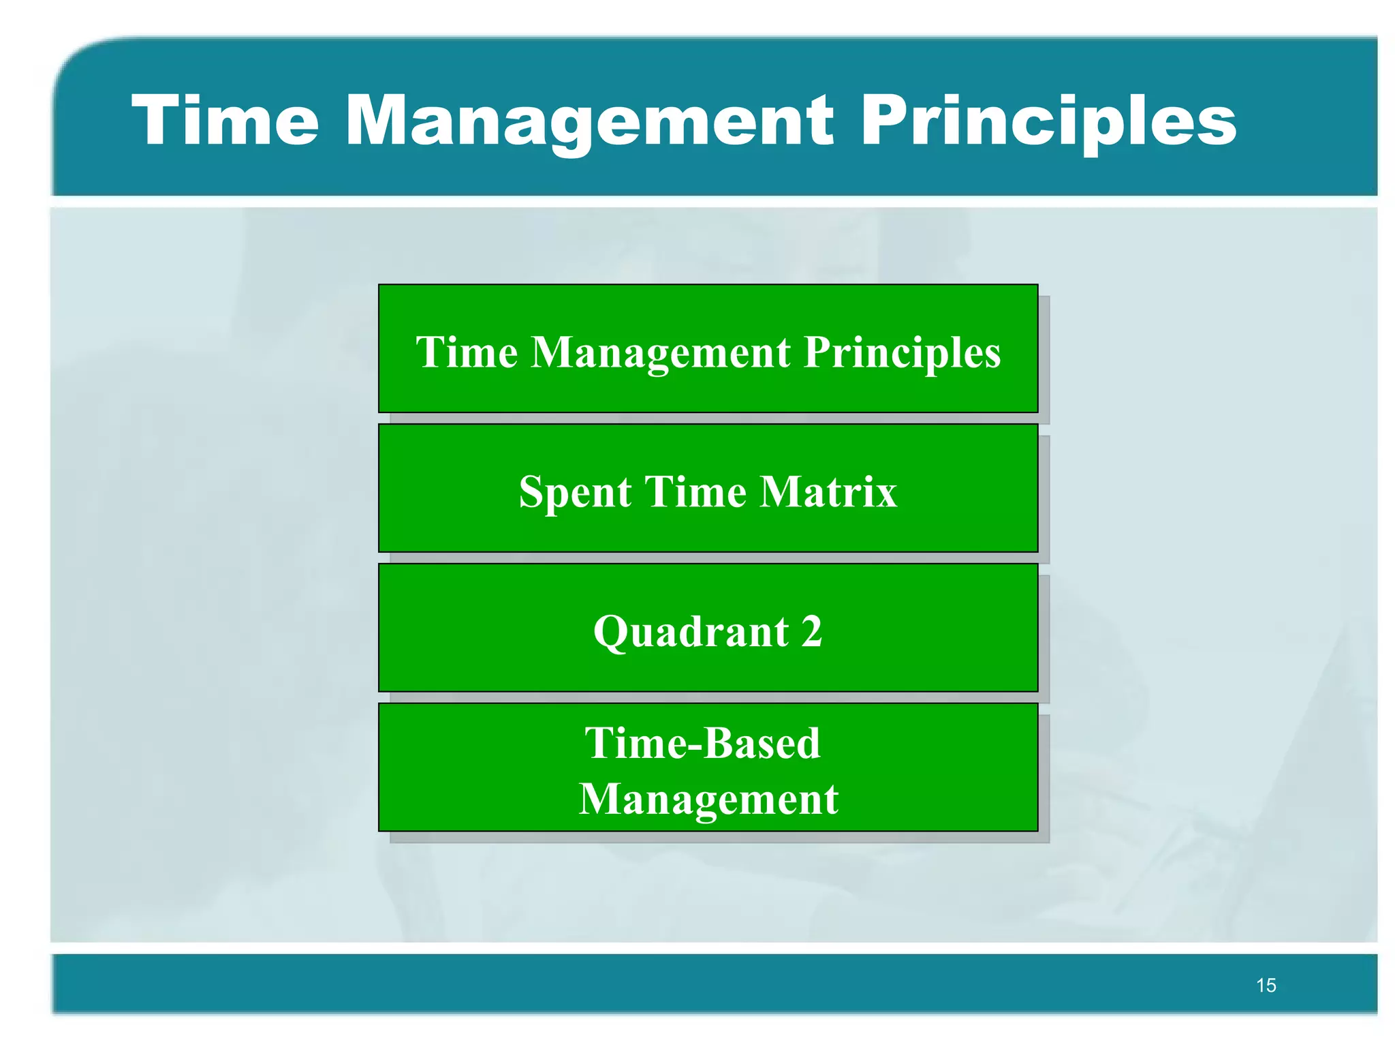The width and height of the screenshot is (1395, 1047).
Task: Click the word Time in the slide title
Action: [x=225, y=121]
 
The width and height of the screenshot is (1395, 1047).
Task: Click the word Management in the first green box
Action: [x=661, y=352]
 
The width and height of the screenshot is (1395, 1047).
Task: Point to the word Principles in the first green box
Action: [x=903, y=352]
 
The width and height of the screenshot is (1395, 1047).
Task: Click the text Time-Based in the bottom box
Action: [x=702, y=742]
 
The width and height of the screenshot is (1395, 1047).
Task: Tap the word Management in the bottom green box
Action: [x=708, y=799]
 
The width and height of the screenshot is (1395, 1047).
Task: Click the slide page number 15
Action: [x=1266, y=985]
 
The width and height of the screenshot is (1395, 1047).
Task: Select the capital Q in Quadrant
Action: [x=610, y=631]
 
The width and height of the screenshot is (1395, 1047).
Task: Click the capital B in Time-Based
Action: [x=721, y=742]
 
